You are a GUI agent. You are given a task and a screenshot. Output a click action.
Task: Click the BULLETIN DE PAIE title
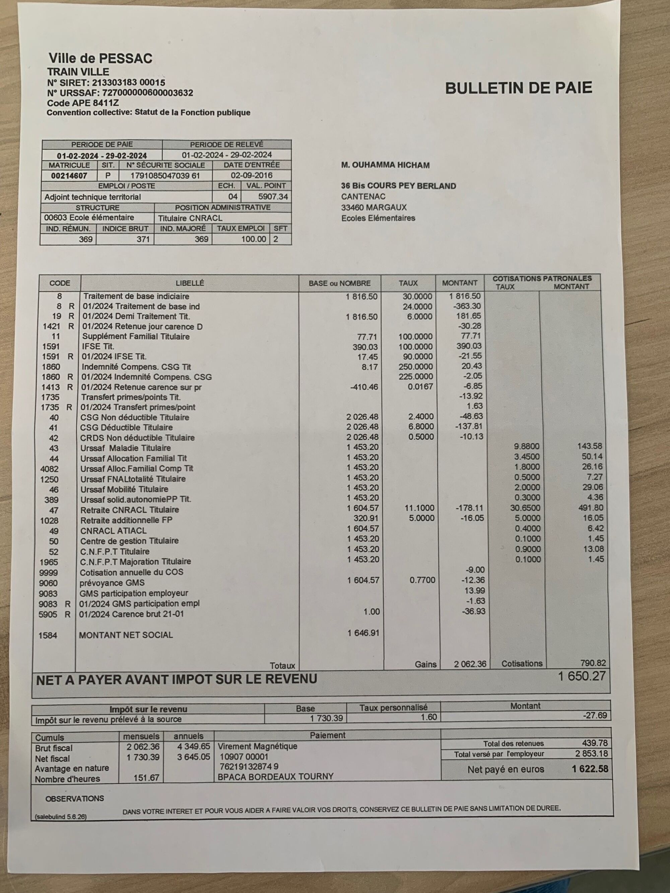point(518,88)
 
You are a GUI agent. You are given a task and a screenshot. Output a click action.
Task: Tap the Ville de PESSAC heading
point(100,59)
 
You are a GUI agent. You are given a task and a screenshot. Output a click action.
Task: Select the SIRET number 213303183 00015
point(128,83)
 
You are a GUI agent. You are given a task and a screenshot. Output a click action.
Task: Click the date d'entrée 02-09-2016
point(251,175)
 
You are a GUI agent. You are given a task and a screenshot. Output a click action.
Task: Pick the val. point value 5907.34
point(273,197)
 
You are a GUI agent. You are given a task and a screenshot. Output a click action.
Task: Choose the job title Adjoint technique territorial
point(92,197)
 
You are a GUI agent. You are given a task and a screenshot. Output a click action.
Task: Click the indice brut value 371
point(143,239)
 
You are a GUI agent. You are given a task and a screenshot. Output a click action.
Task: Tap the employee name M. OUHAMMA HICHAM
point(385,165)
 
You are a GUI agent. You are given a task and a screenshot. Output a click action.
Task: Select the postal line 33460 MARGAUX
point(374,208)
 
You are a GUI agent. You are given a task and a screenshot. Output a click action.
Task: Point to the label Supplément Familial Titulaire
point(136,336)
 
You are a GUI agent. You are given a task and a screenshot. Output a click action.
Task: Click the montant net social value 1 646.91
point(363,632)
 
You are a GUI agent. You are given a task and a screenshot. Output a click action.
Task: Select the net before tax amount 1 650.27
point(582,676)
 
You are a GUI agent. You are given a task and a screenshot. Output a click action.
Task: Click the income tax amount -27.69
point(595,716)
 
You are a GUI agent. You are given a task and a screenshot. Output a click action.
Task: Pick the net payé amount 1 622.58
point(590,769)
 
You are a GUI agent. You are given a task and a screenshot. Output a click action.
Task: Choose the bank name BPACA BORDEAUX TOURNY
point(275,776)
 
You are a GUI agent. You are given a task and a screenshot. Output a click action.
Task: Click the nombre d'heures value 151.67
point(146,777)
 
